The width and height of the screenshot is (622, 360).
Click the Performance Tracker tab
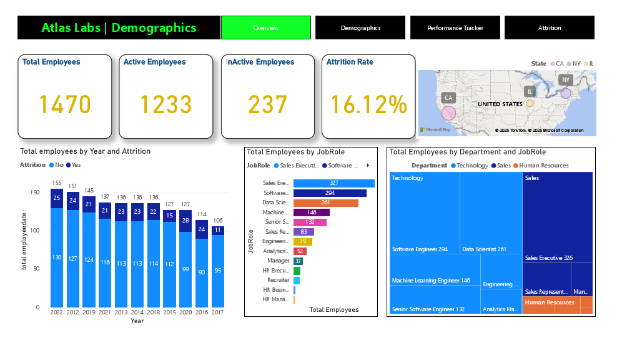pos(455,27)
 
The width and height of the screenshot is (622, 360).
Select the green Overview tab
pos(265,27)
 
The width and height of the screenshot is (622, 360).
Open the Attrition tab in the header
pos(549,27)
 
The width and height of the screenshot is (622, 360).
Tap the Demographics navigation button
pos(360,27)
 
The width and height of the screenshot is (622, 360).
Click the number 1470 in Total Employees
pos(65,104)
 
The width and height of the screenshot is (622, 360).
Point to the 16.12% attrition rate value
pos(368,104)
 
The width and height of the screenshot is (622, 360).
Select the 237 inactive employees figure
pos(267,104)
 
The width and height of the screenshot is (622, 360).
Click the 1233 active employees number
pos(165,104)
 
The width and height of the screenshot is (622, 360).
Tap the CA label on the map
pos(448,97)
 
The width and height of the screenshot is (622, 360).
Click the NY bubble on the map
pos(566,93)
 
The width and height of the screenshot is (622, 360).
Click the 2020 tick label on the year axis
pos(185,312)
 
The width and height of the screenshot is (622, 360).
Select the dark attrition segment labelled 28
pos(185,221)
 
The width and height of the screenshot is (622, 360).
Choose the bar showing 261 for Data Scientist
pos(325,203)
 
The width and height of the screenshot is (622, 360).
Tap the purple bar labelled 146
pos(311,212)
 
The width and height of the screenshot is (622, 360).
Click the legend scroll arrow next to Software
pos(367,166)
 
